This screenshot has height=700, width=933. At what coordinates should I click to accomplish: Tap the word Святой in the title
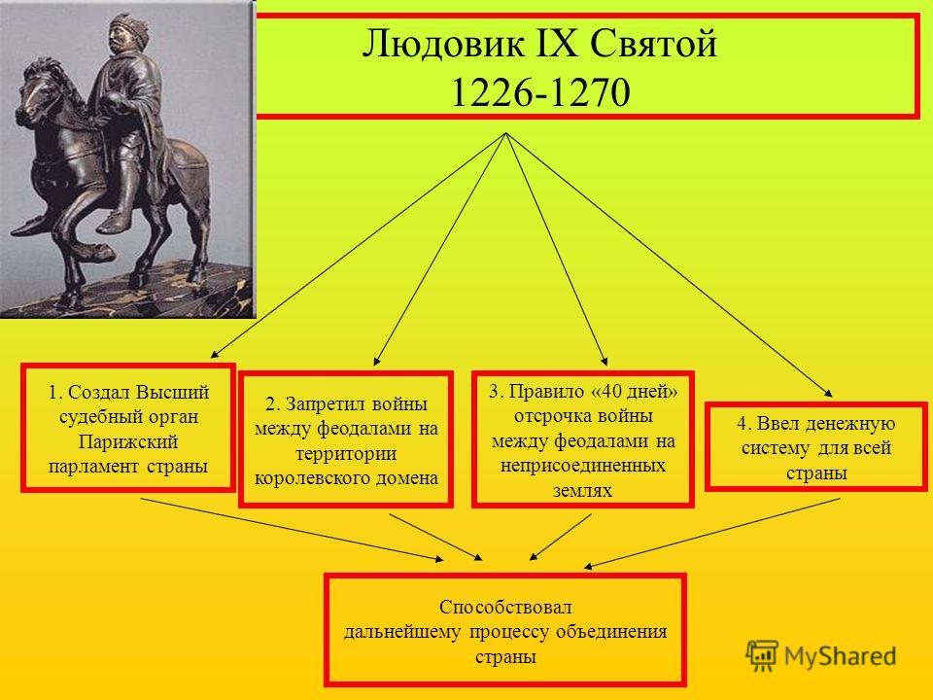(653, 44)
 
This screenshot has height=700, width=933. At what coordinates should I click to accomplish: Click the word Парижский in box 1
(128, 442)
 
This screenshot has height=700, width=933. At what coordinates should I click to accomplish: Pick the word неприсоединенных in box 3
(582, 465)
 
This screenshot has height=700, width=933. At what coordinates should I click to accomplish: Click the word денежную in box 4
(850, 424)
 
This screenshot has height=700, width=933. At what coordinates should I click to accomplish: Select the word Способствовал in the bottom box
(505, 607)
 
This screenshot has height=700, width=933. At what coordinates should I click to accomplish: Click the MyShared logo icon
(762, 655)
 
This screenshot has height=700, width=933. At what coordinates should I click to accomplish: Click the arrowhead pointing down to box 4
(828, 393)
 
